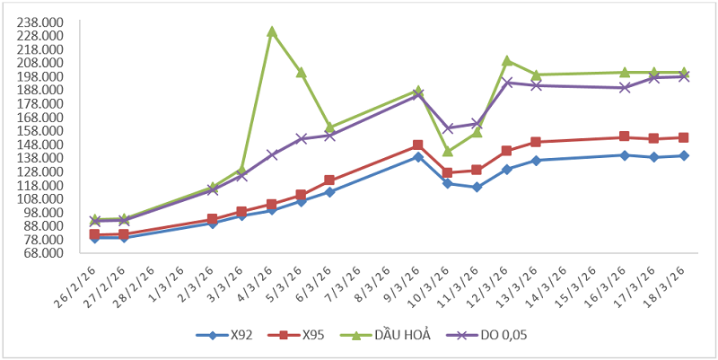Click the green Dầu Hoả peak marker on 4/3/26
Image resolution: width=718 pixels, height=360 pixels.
[x=271, y=31]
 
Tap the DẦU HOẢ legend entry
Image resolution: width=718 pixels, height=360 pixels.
[x=392, y=336]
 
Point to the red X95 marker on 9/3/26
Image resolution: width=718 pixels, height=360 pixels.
[x=418, y=145]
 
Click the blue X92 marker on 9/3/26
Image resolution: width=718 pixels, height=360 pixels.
[x=418, y=157]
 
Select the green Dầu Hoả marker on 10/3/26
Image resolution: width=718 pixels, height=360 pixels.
[x=447, y=151]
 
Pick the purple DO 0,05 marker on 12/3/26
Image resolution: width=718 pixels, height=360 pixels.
[x=506, y=83]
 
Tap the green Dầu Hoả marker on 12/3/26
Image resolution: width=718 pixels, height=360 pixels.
[x=506, y=61]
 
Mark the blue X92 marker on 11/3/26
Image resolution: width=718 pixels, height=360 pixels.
[x=477, y=188]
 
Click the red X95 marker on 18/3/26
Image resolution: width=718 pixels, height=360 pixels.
[x=683, y=137]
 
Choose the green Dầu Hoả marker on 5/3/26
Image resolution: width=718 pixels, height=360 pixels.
[x=301, y=72]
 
